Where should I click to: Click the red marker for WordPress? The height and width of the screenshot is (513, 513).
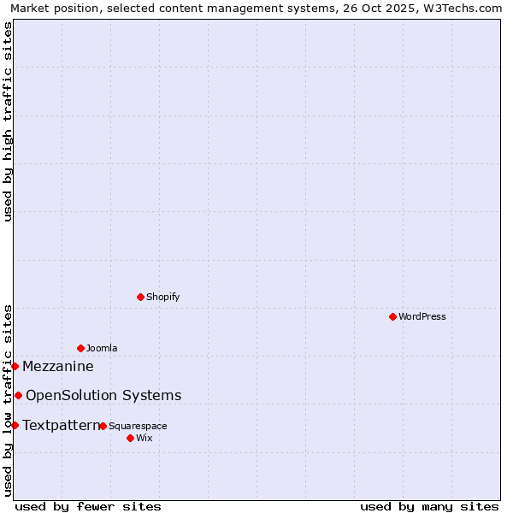tap(392, 316)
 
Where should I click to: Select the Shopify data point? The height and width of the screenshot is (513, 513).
tap(140, 297)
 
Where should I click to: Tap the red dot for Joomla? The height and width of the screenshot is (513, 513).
tap(80, 348)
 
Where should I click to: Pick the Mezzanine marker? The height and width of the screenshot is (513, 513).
tap(15, 366)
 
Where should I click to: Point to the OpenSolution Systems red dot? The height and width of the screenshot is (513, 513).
tap(18, 395)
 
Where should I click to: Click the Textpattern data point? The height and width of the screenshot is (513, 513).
tap(15, 425)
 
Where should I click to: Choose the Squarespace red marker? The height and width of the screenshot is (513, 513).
tap(103, 426)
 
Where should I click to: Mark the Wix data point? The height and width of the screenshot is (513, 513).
tap(130, 438)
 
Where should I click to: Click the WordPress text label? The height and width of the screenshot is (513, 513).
tap(422, 316)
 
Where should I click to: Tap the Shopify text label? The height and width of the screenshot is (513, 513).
tap(162, 297)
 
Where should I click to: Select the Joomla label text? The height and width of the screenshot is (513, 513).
tap(102, 348)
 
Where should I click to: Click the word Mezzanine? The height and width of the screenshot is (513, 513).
tap(58, 367)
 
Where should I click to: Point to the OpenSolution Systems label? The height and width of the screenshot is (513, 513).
tap(103, 395)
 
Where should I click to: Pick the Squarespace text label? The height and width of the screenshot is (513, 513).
tap(138, 426)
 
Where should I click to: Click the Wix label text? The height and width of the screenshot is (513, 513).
tap(144, 438)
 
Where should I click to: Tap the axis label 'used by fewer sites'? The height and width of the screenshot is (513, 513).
tap(88, 506)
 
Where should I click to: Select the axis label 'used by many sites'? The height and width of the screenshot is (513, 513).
tap(429, 506)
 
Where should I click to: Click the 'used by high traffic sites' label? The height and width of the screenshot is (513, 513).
tap(8, 121)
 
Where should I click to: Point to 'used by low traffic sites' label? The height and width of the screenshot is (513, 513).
tap(8, 399)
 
